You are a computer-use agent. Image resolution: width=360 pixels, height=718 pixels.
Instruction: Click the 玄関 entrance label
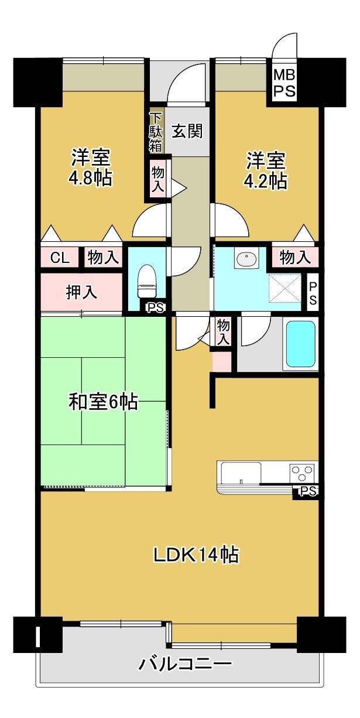[187, 131]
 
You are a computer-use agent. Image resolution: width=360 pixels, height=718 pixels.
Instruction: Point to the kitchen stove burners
[302, 471]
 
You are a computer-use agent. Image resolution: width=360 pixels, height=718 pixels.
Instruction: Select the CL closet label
[60, 258]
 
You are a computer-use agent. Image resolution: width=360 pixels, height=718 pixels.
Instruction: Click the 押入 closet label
[81, 292]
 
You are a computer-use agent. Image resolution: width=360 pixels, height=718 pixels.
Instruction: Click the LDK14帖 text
[196, 554]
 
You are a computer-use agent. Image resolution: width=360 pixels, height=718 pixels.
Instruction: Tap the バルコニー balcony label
[186, 664]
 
